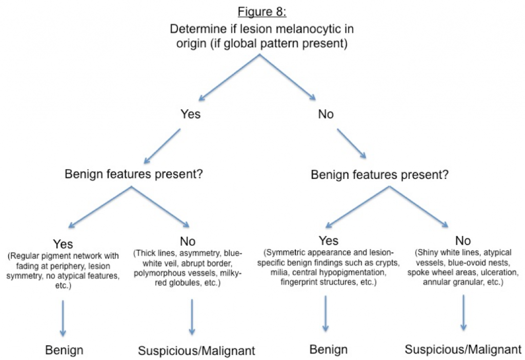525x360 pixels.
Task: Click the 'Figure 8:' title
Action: (262, 11)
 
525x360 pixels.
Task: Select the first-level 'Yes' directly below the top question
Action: (190, 114)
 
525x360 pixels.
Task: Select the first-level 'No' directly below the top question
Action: (326, 114)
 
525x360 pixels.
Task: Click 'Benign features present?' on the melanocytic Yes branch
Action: (134, 174)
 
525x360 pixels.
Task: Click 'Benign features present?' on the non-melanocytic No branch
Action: (380, 174)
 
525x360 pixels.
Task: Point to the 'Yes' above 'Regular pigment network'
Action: (64, 244)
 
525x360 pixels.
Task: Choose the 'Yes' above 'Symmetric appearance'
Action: (328, 241)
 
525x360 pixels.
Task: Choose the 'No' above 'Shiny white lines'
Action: (463, 241)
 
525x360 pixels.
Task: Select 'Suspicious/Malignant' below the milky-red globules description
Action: (196, 351)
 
